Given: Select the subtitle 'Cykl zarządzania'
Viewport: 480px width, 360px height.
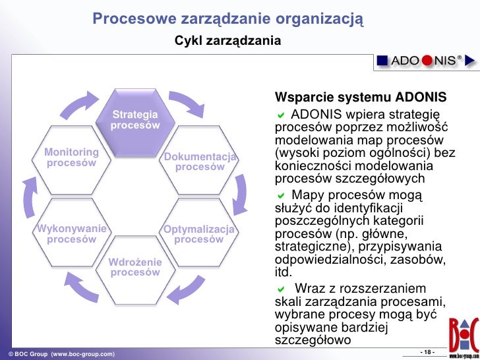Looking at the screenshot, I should pos(227,42).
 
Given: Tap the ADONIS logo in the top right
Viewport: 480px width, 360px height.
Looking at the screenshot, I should pos(425,61).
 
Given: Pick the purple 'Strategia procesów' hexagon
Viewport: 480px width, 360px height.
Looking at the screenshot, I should pos(135,121).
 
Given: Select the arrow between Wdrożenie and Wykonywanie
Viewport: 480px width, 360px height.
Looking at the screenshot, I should pos(79,284).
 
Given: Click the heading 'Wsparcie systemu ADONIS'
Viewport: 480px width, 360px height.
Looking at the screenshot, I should pos(361,98).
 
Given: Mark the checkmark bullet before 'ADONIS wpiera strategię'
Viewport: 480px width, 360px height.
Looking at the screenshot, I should pos(281,113).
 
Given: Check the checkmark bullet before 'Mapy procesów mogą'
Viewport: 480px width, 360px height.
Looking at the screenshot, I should pos(281,196).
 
